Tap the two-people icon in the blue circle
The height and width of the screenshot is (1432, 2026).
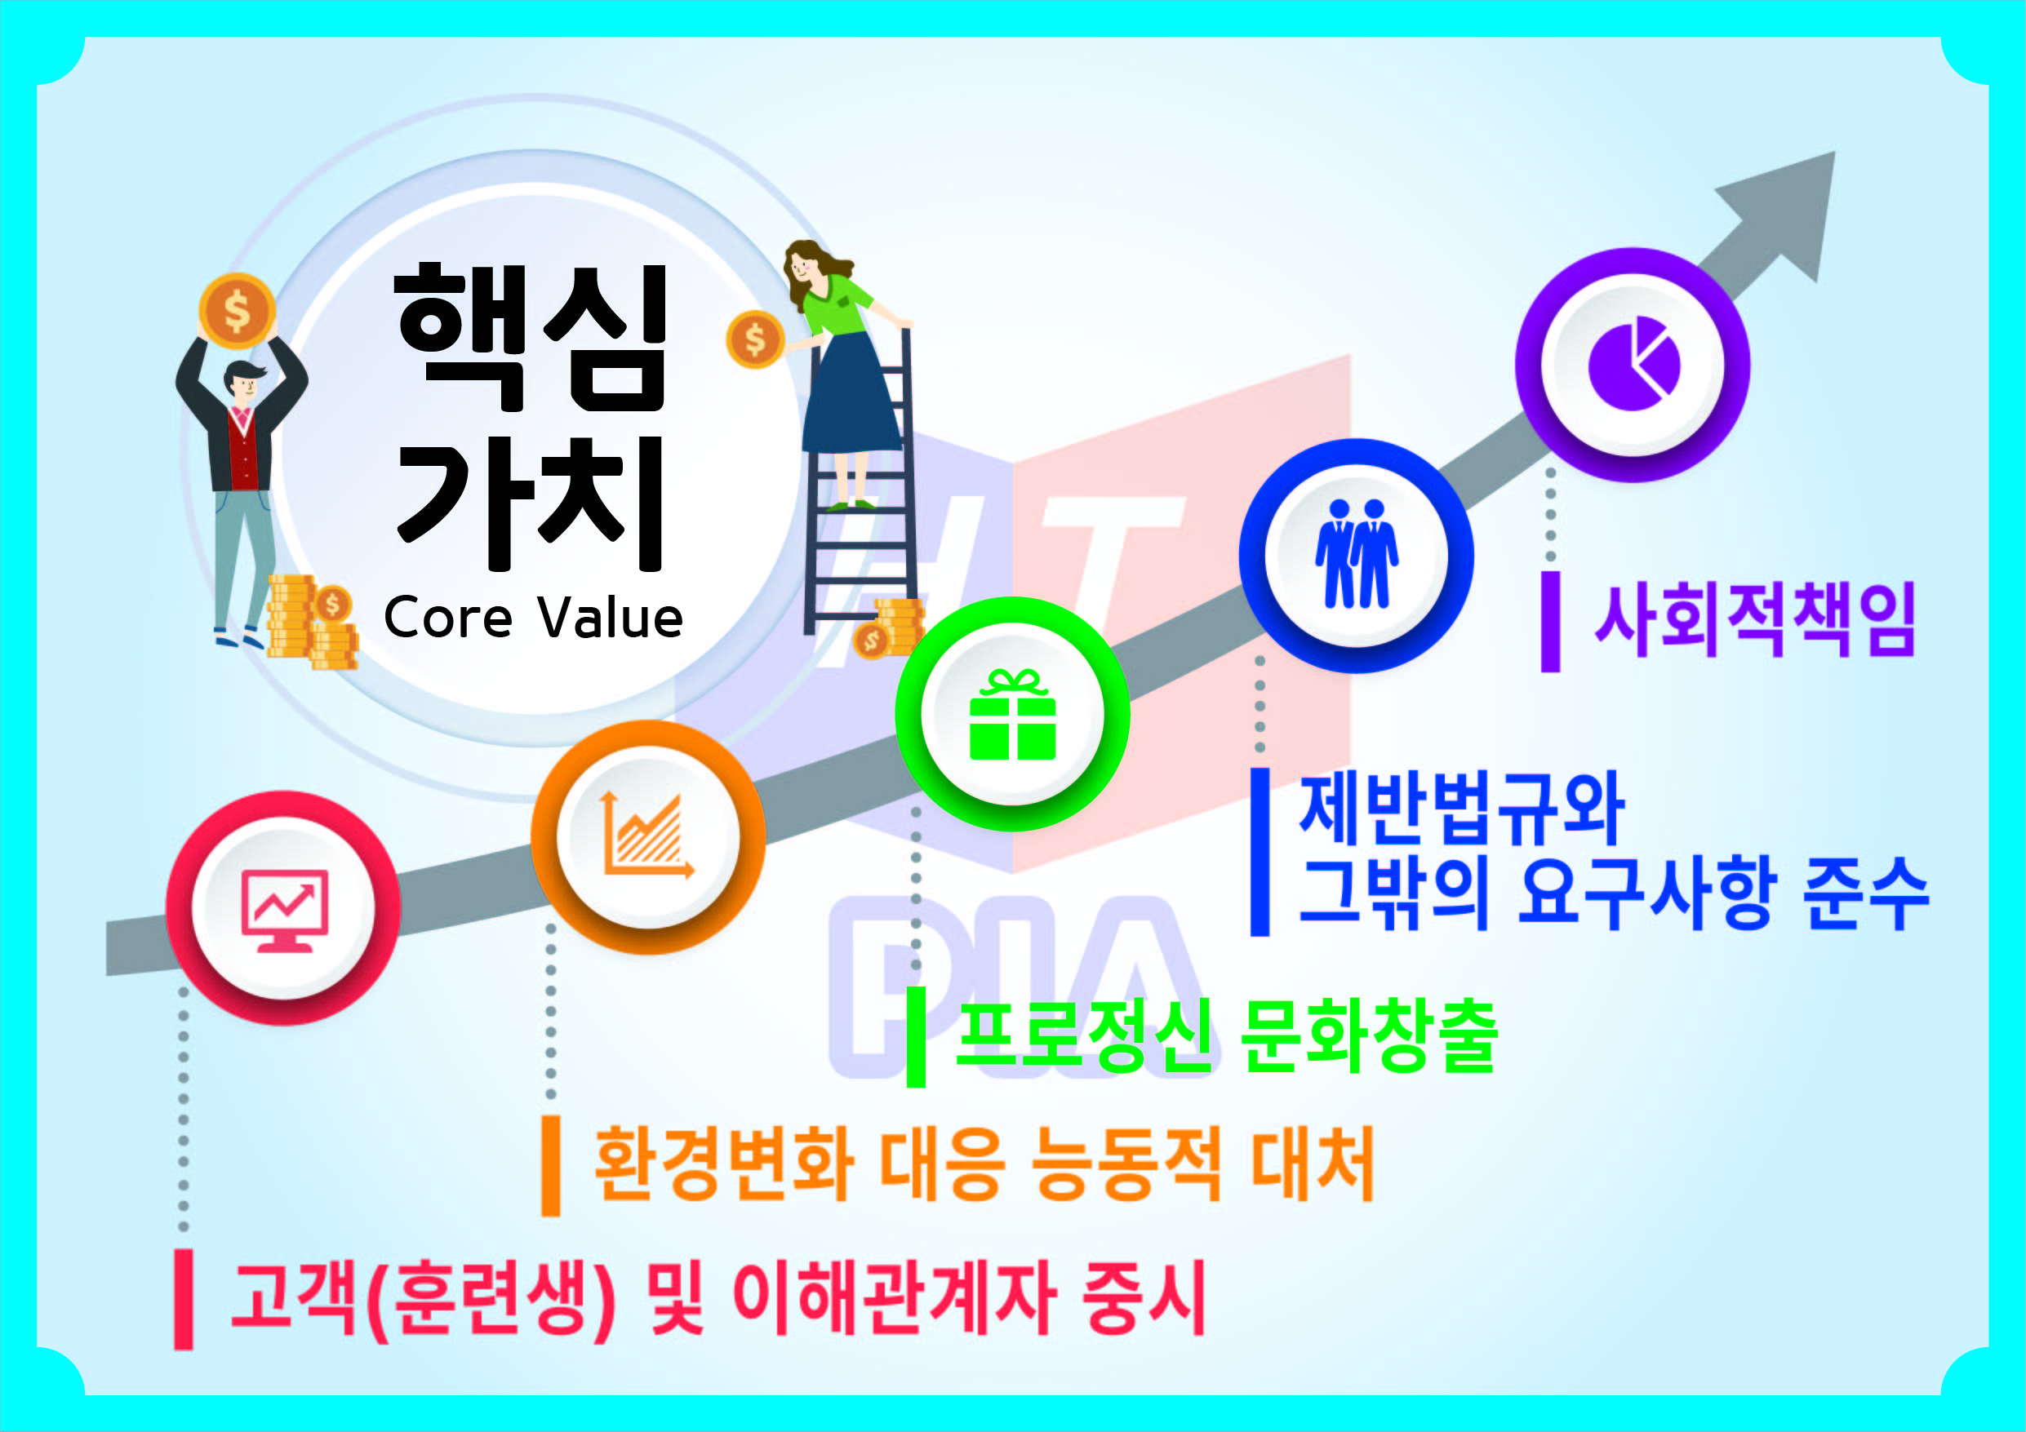point(1357,553)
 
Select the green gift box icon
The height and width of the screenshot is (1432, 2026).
point(1012,715)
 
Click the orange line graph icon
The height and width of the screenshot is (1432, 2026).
point(646,834)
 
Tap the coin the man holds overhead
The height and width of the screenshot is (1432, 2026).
point(237,311)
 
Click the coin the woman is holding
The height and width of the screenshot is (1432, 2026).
point(754,339)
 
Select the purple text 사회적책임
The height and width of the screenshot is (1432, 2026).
point(1755,620)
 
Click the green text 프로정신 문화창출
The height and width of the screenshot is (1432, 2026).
point(1228,1037)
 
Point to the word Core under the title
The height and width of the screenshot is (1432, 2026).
point(447,617)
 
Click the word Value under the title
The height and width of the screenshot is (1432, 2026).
point(611,617)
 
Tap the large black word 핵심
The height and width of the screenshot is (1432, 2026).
point(531,338)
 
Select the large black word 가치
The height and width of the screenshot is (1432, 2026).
point(531,503)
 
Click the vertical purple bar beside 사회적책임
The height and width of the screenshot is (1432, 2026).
point(1550,622)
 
